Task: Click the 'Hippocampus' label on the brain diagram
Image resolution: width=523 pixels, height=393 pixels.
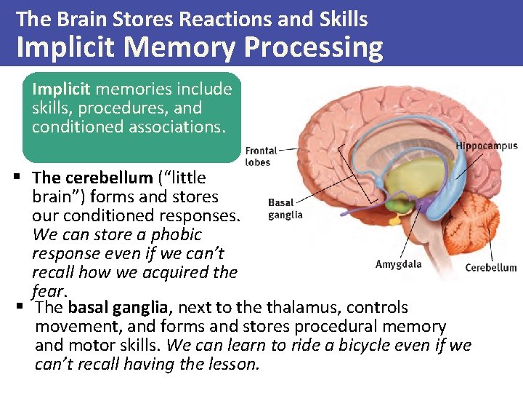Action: (x=486, y=146)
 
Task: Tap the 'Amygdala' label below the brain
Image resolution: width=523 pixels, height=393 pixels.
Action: (x=398, y=264)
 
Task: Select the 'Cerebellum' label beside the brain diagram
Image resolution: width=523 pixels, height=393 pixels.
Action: (x=490, y=267)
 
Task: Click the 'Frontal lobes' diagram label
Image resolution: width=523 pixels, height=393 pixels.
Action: (x=261, y=156)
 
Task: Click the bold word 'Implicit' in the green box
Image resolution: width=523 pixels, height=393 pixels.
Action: (x=61, y=90)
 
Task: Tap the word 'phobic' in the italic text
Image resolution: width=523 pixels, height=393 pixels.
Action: (x=177, y=235)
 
